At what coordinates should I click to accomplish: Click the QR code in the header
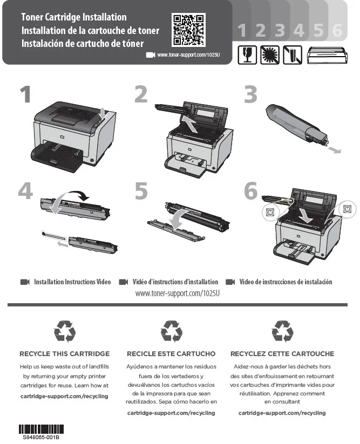click(x=188, y=30)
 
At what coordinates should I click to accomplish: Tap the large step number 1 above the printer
click(x=25, y=94)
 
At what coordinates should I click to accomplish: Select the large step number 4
click(x=25, y=190)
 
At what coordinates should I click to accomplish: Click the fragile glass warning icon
click(x=247, y=54)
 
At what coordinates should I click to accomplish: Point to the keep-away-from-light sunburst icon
click(x=270, y=54)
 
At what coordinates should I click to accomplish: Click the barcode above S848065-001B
click(x=41, y=429)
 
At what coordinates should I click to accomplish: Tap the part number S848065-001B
click(x=41, y=437)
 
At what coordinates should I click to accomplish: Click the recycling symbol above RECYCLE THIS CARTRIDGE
click(x=65, y=331)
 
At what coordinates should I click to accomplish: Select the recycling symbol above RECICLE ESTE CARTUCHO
click(x=171, y=331)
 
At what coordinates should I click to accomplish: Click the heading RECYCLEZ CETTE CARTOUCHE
click(x=282, y=354)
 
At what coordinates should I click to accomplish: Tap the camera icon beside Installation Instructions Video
click(x=25, y=282)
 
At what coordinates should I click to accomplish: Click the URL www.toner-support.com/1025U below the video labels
click(x=178, y=293)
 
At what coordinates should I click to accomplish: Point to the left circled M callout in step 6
click(x=270, y=212)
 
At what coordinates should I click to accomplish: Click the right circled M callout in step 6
click(x=347, y=209)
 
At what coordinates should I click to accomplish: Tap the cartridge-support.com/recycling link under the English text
click(x=64, y=396)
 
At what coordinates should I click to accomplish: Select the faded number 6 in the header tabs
click(x=337, y=30)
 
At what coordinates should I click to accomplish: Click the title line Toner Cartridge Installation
click(x=74, y=17)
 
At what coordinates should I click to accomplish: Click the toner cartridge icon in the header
click(x=327, y=55)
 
